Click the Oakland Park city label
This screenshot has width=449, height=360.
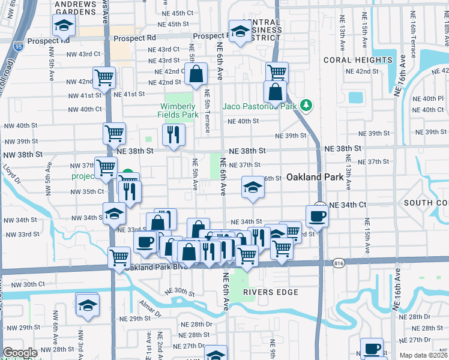pyautogui.click(x=315, y=177)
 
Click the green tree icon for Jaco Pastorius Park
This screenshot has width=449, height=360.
pyautogui.click(x=307, y=106)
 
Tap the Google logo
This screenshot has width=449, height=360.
pyautogui.click(x=20, y=353)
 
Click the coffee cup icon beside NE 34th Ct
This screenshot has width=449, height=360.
pyautogui.click(x=317, y=216)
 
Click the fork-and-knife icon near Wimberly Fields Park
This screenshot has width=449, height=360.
pyautogui.click(x=173, y=135)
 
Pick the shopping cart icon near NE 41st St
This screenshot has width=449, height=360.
pyautogui.click(x=104, y=77)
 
